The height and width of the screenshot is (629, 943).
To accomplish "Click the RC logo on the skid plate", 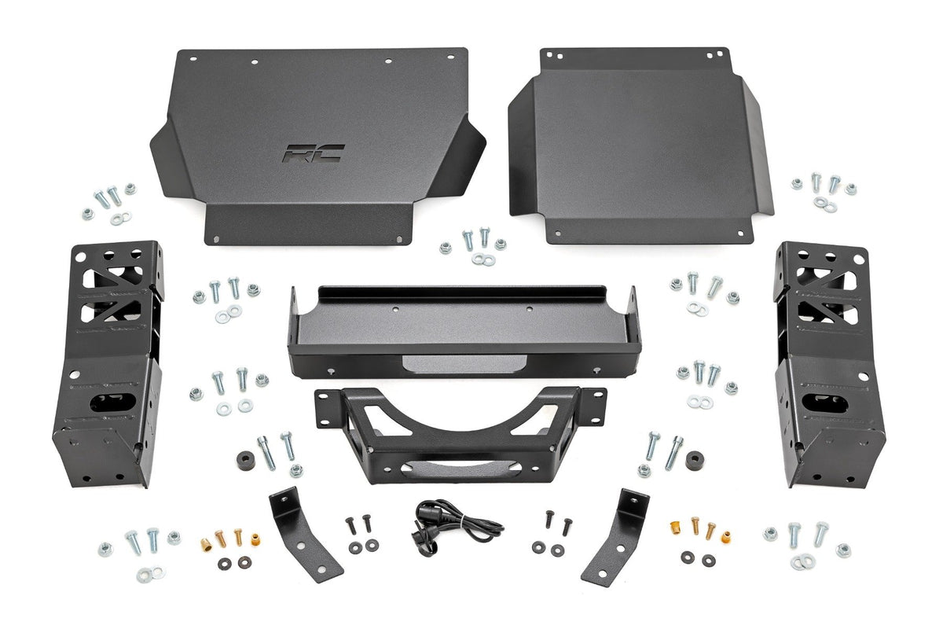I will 314,153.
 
